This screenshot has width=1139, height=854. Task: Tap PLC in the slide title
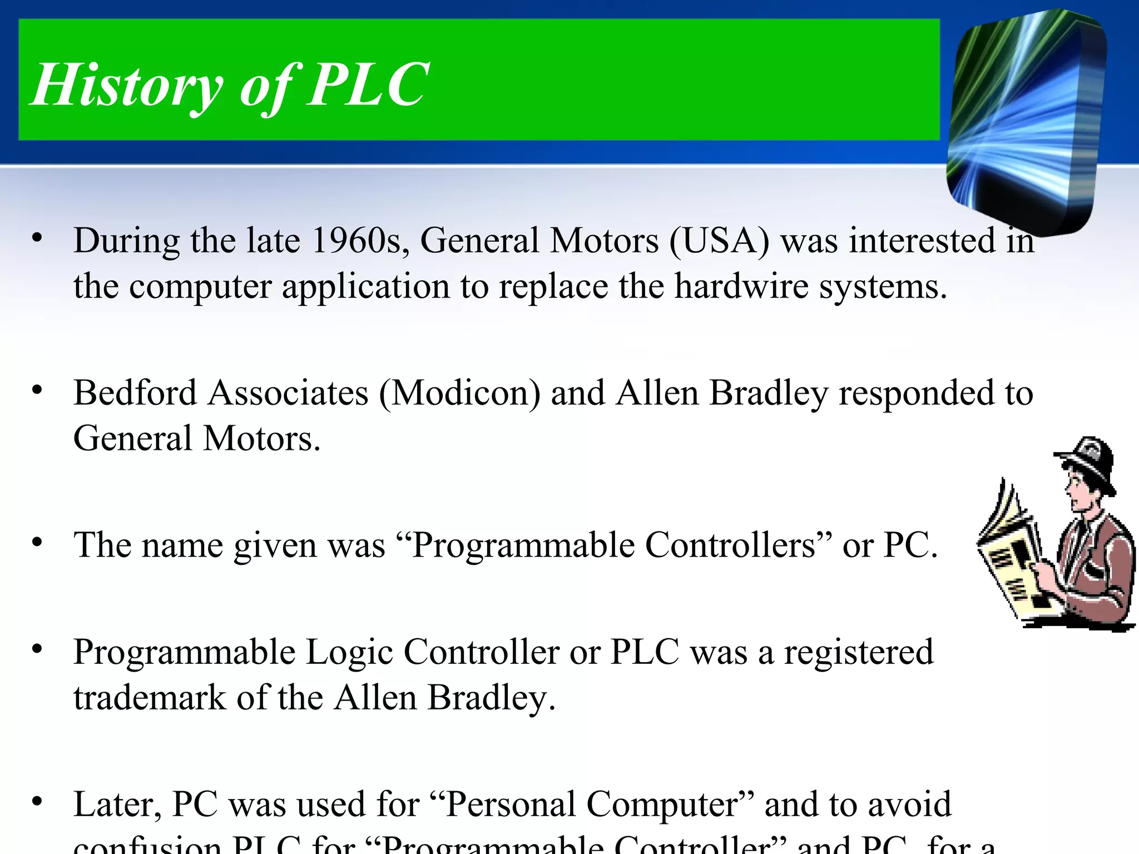pos(368,85)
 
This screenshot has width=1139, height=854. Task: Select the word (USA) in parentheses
pos(720,241)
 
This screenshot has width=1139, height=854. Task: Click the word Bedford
pos(135,393)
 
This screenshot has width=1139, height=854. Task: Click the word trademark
pos(150,698)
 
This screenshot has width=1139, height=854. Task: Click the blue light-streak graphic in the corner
pos(1026,120)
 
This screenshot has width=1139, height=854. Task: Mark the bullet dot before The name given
pos(37,542)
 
